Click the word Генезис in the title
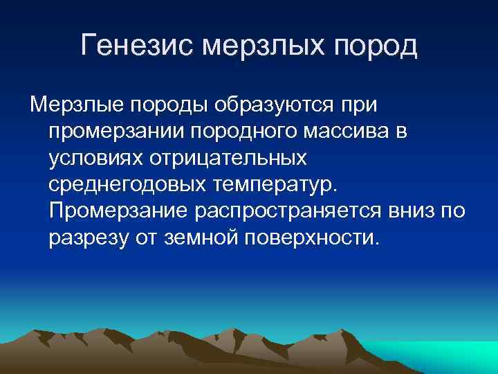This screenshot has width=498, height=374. point(138,46)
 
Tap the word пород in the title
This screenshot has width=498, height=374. point(376,46)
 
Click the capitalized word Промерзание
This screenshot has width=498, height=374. point(118,211)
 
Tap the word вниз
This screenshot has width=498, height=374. point(411,211)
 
